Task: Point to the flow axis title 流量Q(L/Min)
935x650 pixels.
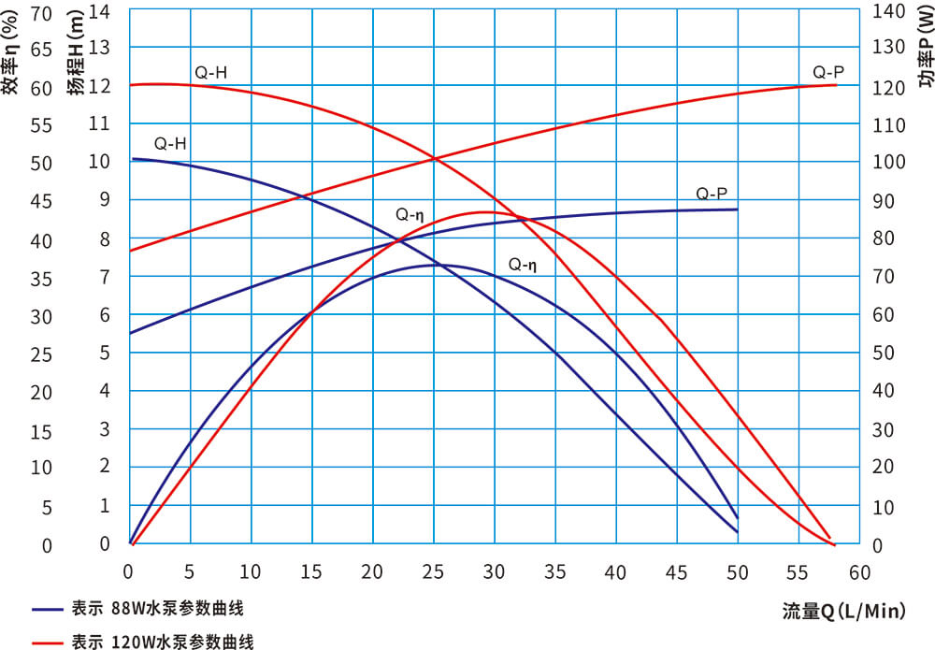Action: point(844,612)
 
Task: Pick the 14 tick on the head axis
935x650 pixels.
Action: point(99,11)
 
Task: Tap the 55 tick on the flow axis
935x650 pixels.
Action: point(798,571)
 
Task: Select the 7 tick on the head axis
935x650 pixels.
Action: point(106,277)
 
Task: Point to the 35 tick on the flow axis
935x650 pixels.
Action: point(555,571)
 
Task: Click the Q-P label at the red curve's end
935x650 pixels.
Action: point(828,72)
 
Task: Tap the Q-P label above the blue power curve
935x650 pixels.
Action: point(712,194)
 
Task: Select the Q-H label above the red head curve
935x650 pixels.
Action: point(210,72)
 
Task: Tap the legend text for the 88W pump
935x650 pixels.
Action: point(157,609)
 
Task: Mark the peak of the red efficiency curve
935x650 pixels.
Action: point(489,212)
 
